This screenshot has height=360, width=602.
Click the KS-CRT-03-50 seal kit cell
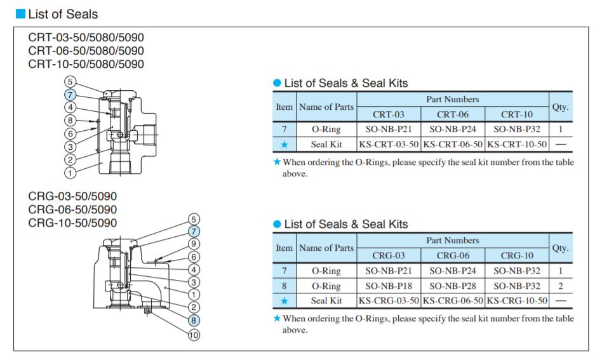click(389, 144)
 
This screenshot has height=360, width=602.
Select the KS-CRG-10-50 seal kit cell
click(516, 300)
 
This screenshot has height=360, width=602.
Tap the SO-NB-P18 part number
click(389, 286)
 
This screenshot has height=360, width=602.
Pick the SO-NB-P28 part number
click(453, 286)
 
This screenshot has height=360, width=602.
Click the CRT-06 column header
click(453, 114)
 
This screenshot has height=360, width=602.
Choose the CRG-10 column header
click(516, 255)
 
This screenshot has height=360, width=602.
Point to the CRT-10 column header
click(516, 114)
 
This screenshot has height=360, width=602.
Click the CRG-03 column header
click(389, 255)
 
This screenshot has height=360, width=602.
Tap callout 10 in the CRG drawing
click(194, 335)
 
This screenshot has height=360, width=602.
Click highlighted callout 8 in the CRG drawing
click(194, 321)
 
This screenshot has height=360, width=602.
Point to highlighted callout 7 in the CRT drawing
click(70, 94)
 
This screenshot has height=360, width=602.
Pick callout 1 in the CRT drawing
click(70, 172)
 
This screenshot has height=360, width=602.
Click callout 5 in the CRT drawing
click(70, 81)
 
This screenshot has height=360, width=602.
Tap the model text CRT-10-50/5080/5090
click(86, 64)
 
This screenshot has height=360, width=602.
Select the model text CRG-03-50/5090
click(72, 196)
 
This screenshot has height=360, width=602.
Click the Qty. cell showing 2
click(560, 286)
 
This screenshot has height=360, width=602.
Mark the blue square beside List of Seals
click(20, 13)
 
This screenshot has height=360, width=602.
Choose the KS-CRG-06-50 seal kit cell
click(453, 300)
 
